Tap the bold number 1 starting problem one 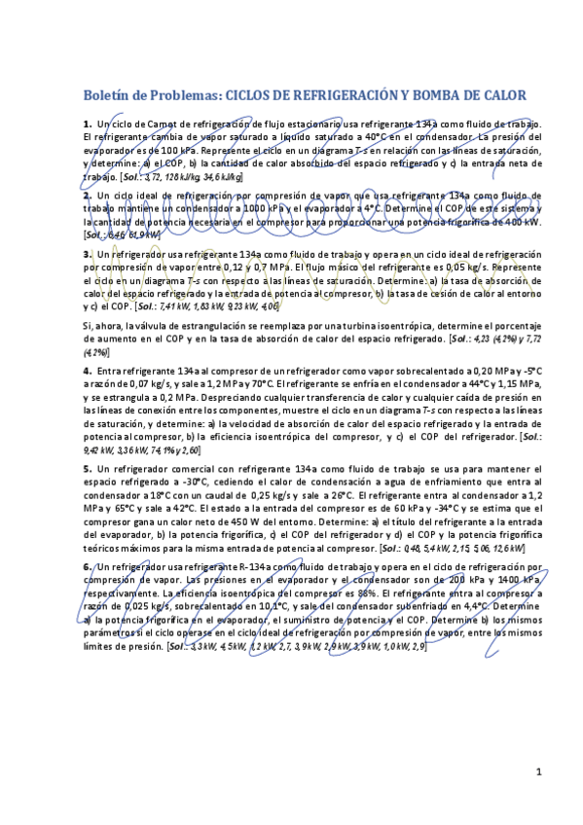[x=87, y=125]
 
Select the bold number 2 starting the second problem [x=87, y=195]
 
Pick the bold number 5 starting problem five [x=87, y=468]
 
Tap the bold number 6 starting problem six [x=87, y=566]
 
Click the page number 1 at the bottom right [x=538, y=771]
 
